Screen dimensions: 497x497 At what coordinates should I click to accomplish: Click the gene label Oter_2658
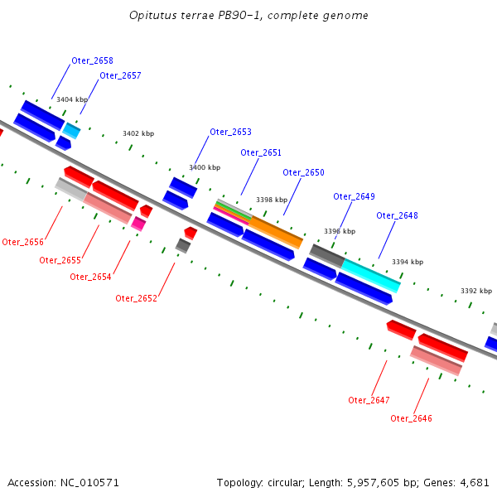[x=92, y=60]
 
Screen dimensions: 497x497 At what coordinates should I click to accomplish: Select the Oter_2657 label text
[x=120, y=75]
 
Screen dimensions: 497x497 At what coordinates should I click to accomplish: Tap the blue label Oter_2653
[x=231, y=133]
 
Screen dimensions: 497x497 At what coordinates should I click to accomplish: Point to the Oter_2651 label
[x=261, y=152]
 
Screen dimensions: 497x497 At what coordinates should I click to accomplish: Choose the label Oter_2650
[x=303, y=173]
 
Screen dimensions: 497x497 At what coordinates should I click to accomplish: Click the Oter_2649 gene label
[x=354, y=197]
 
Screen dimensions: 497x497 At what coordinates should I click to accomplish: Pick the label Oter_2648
[x=397, y=216]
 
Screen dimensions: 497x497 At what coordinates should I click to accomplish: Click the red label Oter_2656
[x=23, y=243]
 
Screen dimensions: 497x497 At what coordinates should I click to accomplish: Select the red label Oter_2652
[x=137, y=298]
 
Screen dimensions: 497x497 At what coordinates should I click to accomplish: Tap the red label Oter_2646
[x=411, y=418]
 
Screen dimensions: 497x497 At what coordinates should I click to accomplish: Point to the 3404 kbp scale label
[x=72, y=100]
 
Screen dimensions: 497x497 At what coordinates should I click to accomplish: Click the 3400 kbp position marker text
[x=205, y=167]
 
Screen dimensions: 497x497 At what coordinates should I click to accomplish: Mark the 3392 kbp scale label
[x=476, y=291]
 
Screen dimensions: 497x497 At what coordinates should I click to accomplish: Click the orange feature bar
[x=276, y=232]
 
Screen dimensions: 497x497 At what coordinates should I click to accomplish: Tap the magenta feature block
[x=138, y=224]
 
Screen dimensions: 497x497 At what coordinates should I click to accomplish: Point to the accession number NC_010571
[x=89, y=483]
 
